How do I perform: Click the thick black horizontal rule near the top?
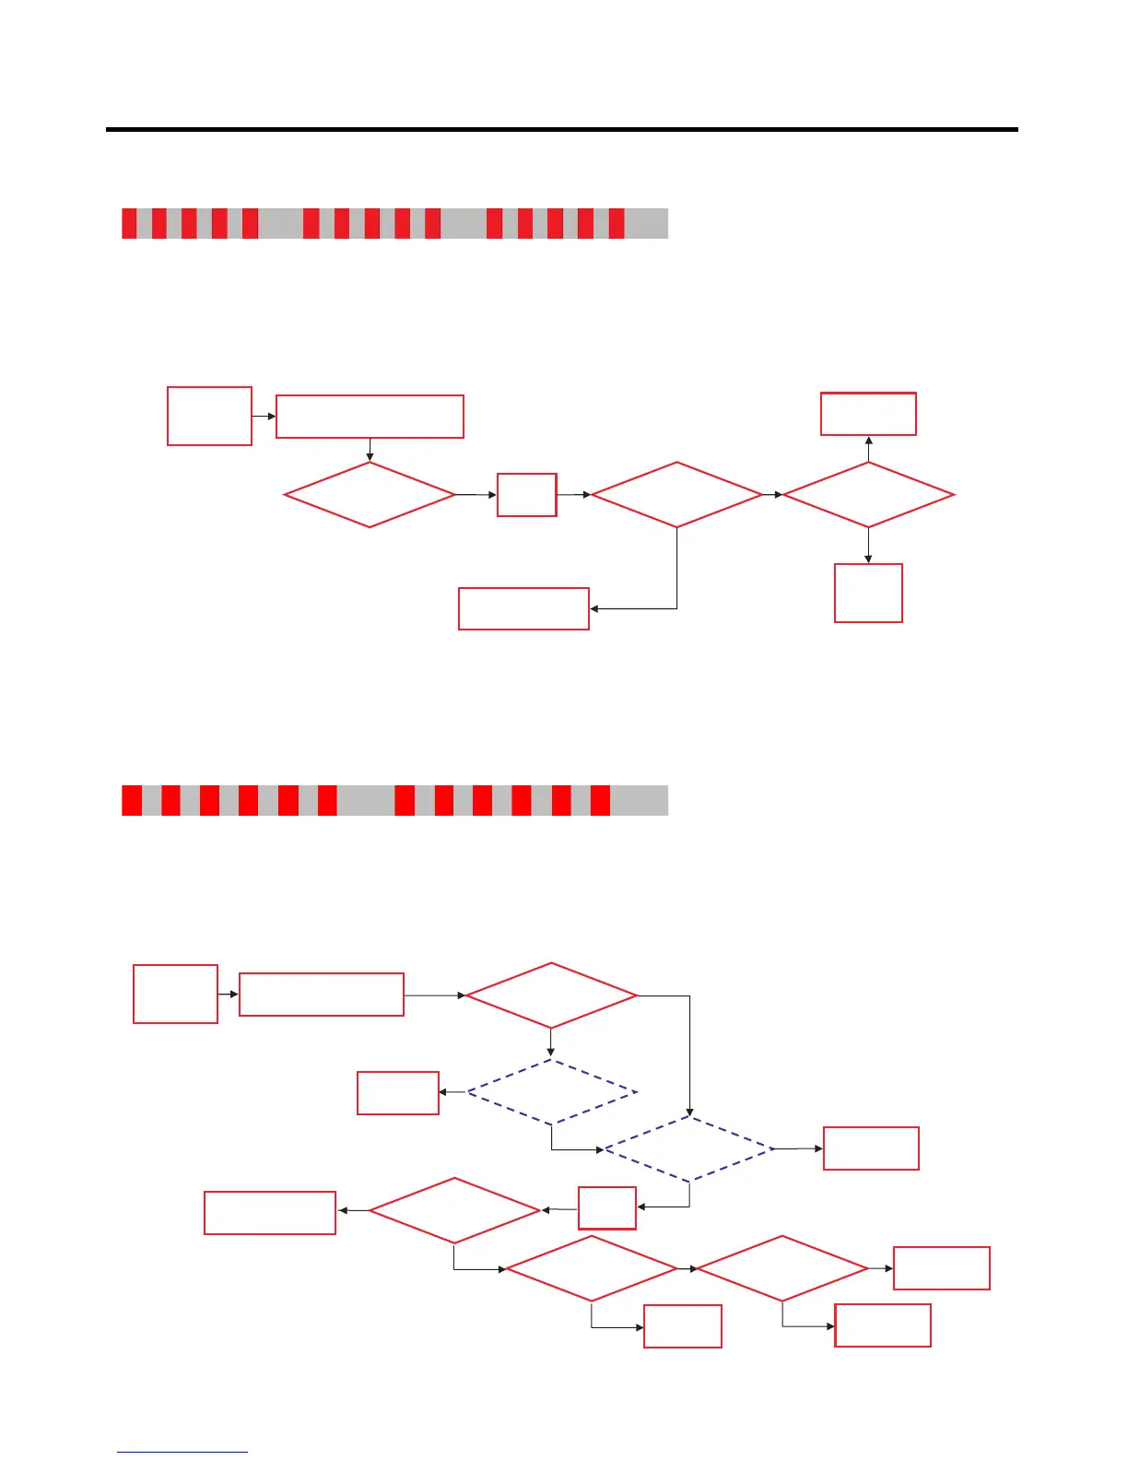pyautogui.click(x=562, y=130)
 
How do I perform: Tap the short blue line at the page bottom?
pyautogui.click(x=182, y=1452)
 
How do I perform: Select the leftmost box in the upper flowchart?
pyautogui.click(x=209, y=417)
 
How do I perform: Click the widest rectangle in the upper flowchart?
pyautogui.click(x=370, y=417)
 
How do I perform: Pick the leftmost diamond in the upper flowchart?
pyautogui.click(x=370, y=495)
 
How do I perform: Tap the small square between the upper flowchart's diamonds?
pyautogui.click(x=526, y=495)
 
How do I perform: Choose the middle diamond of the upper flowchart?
pyautogui.click(x=676, y=495)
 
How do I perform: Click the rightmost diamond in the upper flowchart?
pyautogui.click(x=868, y=495)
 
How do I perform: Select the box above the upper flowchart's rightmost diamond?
pyautogui.click(x=868, y=414)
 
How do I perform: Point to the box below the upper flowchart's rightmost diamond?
pyautogui.click(x=868, y=593)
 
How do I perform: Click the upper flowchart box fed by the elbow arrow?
pyautogui.click(x=523, y=608)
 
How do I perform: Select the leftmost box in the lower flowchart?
pyautogui.click(x=175, y=994)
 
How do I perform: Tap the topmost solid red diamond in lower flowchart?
pyautogui.click(x=551, y=995)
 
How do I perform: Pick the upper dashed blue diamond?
pyautogui.click(x=551, y=1092)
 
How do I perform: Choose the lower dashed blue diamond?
pyautogui.click(x=689, y=1148)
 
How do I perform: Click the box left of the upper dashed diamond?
pyautogui.click(x=397, y=1093)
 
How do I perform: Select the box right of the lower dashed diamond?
pyautogui.click(x=871, y=1148)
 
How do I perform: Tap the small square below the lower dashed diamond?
pyautogui.click(x=606, y=1207)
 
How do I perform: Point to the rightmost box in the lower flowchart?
pyautogui.click(x=942, y=1268)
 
